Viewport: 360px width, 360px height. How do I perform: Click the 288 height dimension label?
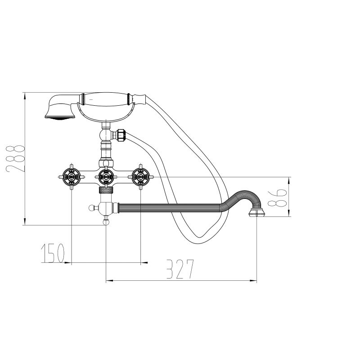coord(15,158)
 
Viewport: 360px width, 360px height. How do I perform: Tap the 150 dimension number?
coord(53,253)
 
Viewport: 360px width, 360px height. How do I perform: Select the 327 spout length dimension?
coord(180,269)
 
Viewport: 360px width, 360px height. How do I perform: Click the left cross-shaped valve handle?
coord(72,177)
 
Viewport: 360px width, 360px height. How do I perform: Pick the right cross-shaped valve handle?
coord(140,177)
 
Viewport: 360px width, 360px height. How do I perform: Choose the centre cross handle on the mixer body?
coord(106,177)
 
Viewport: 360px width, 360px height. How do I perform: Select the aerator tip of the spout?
coord(256,212)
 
